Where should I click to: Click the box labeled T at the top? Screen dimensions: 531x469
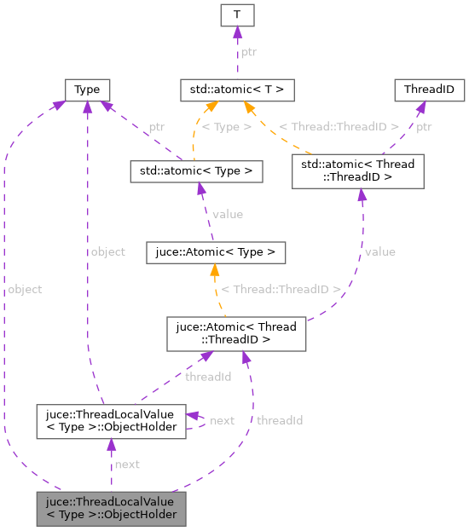click(x=237, y=14)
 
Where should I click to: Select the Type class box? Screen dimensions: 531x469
click(x=87, y=89)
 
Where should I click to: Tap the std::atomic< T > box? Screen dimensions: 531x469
click(x=237, y=89)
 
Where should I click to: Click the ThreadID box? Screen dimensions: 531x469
click(x=428, y=89)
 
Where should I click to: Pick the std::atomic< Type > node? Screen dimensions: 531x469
click(x=195, y=170)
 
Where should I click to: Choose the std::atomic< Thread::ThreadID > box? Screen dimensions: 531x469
click(x=357, y=170)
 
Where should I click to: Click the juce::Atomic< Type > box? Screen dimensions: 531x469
click(x=215, y=252)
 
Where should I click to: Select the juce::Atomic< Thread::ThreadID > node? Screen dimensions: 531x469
click(x=235, y=333)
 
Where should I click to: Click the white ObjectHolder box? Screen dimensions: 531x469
click(x=111, y=421)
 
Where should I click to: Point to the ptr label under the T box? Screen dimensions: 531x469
click(x=247, y=51)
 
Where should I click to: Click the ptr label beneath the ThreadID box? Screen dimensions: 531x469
click(x=425, y=126)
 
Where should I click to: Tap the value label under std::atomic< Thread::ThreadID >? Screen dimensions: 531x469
click(x=379, y=251)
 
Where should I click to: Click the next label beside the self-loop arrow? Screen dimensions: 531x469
click(x=222, y=420)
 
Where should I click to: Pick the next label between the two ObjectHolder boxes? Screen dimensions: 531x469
click(x=127, y=464)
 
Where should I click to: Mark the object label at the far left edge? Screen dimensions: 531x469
click(x=24, y=289)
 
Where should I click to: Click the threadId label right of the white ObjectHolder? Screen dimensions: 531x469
click(x=279, y=420)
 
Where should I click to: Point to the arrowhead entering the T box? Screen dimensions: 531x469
click(x=237, y=32)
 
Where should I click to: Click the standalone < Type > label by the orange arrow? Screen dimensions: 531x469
click(x=227, y=126)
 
